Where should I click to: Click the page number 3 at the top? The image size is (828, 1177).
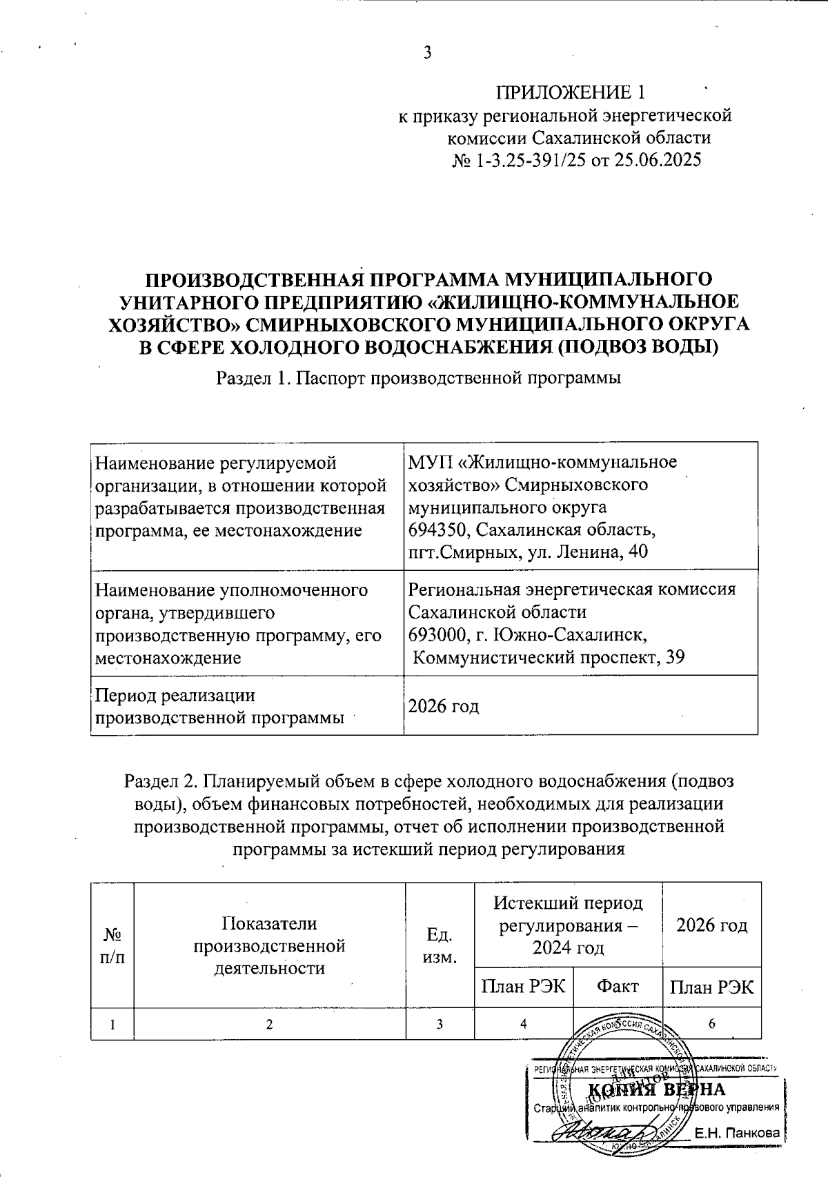(427, 52)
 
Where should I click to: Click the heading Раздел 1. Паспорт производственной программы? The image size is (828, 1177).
(419, 378)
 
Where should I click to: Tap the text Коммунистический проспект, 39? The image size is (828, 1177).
(549, 657)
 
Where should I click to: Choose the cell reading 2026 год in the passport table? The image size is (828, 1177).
(444, 706)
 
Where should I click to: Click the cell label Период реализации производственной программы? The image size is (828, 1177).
(219, 706)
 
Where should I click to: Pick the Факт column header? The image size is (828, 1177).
(618, 987)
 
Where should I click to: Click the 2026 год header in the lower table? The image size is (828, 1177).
(711, 925)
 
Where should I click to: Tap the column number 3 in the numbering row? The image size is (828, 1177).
(440, 1024)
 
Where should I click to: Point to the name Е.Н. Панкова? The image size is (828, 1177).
(736, 1133)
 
